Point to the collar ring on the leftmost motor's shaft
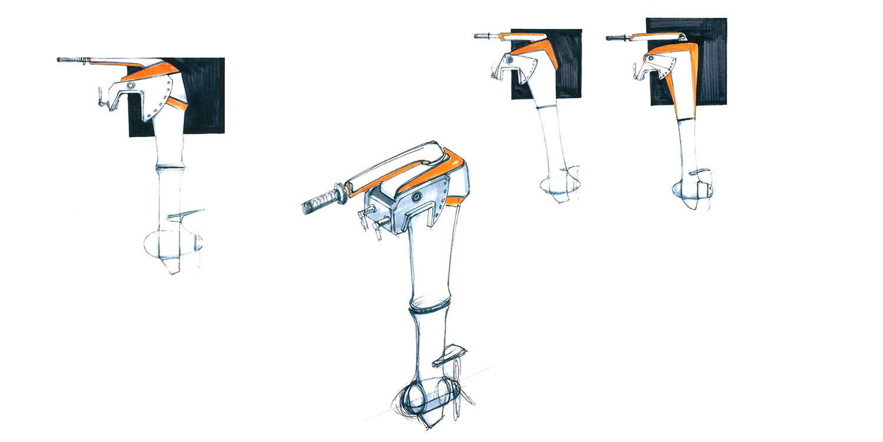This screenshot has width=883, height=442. point(170,169)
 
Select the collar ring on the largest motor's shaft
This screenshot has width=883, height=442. point(426,308)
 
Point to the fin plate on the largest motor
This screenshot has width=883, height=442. point(449,355)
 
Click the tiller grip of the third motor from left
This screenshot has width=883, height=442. point(484,36)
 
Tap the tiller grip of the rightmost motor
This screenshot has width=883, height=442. point(616,39)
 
